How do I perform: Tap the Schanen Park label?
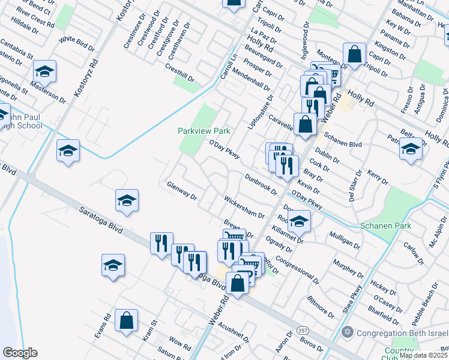click(385, 226)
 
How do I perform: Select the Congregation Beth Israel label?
click(402, 333)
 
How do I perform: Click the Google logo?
click(20, 353)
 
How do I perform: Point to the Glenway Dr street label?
click(182, 191)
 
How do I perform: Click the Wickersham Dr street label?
click(244, 206)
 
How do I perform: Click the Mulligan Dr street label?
click(344, 241)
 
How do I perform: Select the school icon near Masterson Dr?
click(45, 72)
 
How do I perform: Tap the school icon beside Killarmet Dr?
click(299, 222)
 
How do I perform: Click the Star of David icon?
click(346, 332)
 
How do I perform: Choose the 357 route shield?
click(303, 331)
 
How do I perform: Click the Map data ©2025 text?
click(424, 355)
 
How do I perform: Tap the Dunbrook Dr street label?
click(261, 184)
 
